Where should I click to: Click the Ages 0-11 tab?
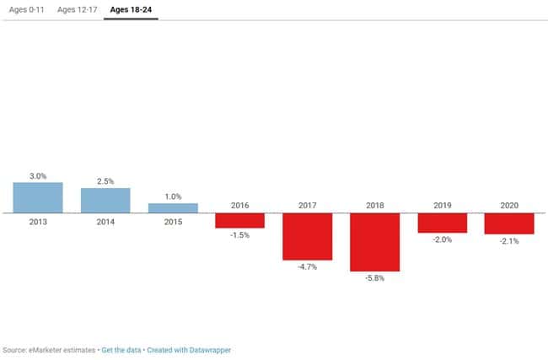click(26, 10)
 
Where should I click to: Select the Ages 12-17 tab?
click(76, 10)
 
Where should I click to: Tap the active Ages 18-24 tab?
click(131, 10)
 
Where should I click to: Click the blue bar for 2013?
click(38, 197)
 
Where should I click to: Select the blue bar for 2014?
click(105, 200)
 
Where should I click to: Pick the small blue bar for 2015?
click(173, 207)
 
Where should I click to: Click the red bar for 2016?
click(239, 220)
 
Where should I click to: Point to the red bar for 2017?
click(307, 236)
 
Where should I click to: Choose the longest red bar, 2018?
click(374, 242)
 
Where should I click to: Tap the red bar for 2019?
click(442, 223)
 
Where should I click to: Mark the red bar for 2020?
click(509, 223)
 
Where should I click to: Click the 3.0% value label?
click(38, 175)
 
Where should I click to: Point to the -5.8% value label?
click(374, 278)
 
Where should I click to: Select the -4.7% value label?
click(307, 267)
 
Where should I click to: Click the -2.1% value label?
click(509, 241)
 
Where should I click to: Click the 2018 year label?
click(374, 205)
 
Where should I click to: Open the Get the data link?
click(121, 349)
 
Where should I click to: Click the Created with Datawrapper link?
click(189, 349)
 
